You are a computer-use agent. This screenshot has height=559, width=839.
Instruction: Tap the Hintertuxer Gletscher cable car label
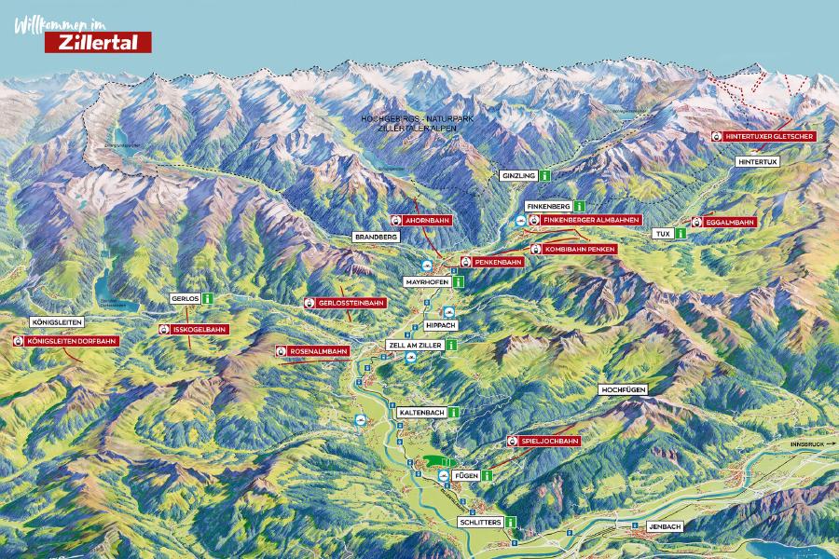click(x=763, y=136)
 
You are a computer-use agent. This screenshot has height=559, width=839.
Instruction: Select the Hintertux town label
click(x=757, y=161)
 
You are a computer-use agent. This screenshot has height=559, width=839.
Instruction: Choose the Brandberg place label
click(x=377, y=238)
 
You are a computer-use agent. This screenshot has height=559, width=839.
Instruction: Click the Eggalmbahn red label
click(x=724, y=222)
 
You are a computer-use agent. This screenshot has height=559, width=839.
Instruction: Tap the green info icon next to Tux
click(x=681, y=233)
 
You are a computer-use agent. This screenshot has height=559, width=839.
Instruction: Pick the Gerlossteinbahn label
click(x=345, y=303)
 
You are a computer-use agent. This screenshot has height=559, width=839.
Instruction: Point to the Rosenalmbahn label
click(x=313, y=351)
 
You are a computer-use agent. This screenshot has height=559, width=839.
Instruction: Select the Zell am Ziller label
click(x=413, y=345)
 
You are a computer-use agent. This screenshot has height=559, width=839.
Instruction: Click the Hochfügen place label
click(x=624, y=388)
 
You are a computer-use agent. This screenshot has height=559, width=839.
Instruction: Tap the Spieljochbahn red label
click(x=544, y=440)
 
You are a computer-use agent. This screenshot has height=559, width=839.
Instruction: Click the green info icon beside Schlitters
click(x=511, y=523)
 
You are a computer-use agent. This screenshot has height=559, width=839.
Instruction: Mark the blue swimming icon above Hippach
click(x=449, y=312)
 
